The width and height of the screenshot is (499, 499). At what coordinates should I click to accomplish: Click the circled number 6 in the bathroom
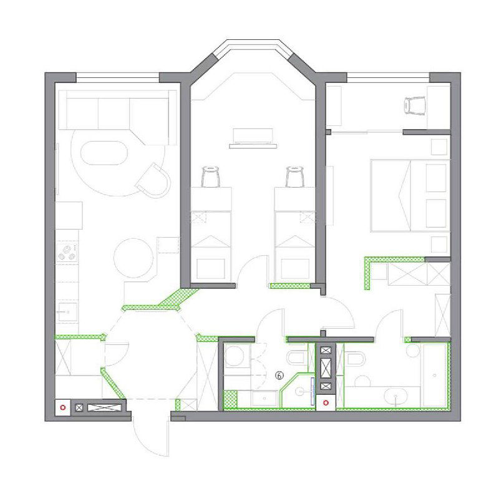point(279,375)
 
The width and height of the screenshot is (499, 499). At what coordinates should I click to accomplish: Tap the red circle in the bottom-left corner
point(63,407)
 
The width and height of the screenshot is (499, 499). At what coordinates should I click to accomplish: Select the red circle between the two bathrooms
point(326,403)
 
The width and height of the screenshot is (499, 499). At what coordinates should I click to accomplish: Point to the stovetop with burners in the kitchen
point(67,253)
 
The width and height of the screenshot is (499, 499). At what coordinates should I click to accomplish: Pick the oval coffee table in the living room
point(104,153)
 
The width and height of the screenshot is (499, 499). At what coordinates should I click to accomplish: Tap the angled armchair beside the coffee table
point(153,180)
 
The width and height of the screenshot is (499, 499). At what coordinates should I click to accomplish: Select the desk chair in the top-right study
point(415,105)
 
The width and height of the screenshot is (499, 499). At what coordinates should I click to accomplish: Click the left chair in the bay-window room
point(210,177)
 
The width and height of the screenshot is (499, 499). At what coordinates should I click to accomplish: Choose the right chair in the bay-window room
point(295,177)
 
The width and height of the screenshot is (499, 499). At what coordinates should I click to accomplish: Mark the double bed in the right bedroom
point(410,196)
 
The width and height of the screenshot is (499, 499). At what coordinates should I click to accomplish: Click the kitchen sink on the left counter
point(67,312)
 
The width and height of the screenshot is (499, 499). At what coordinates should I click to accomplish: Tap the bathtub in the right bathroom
point(434,375)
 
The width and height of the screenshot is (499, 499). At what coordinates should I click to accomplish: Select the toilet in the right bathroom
point(354,359)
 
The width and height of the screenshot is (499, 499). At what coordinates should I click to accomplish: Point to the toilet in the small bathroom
point(298,358)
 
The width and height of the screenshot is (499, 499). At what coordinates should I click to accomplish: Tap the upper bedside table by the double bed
point(439,147)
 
